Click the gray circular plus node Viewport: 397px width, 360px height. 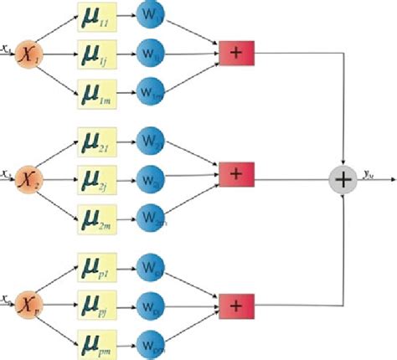click(x=343, y=177)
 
